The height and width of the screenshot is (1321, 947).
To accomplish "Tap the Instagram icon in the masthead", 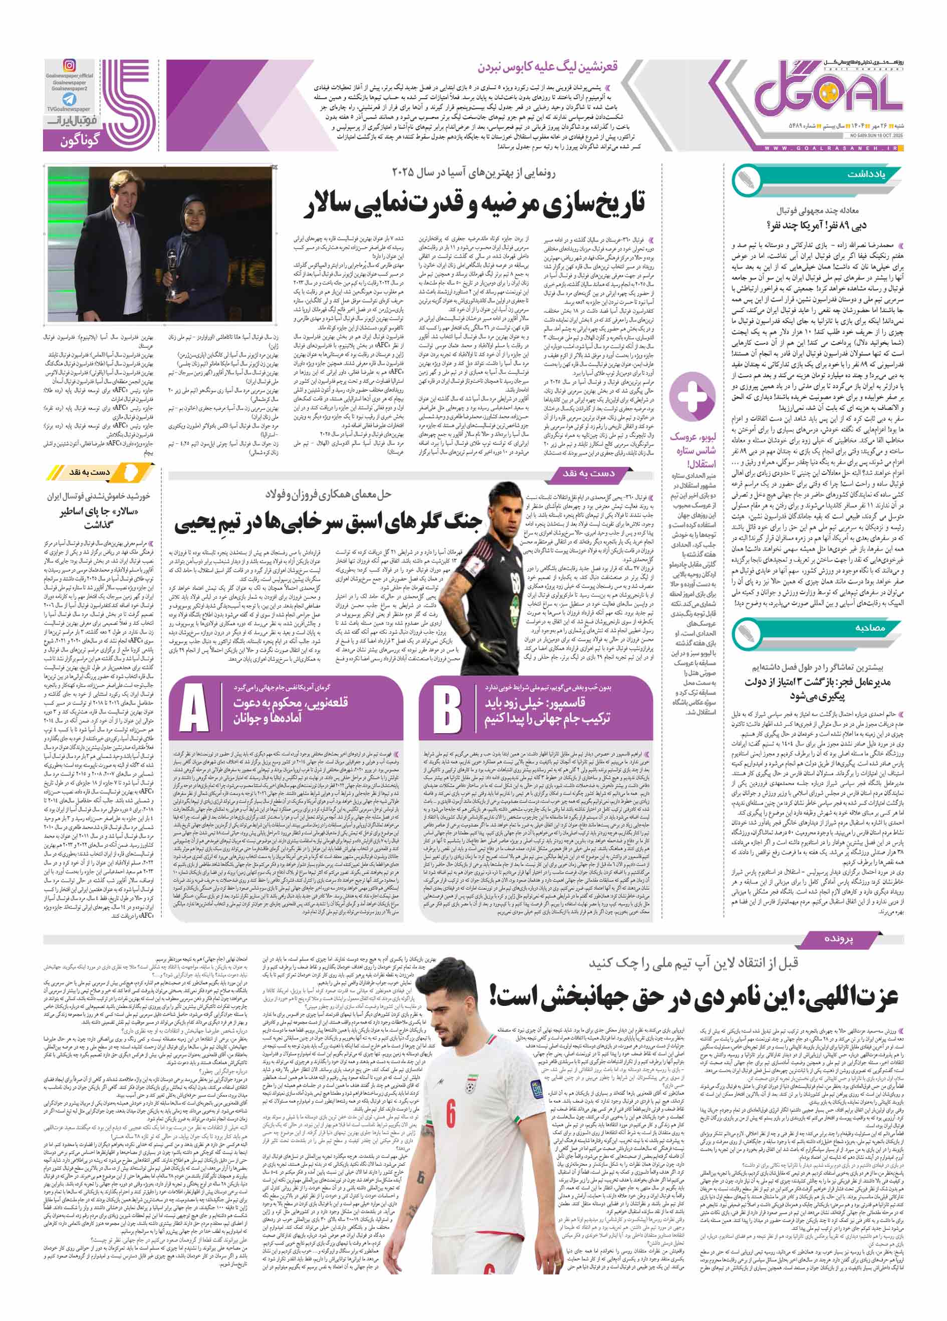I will point(69,66).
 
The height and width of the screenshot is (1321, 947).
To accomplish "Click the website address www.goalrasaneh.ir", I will point(828,148).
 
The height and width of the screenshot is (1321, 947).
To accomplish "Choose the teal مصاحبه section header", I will point(868,627).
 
